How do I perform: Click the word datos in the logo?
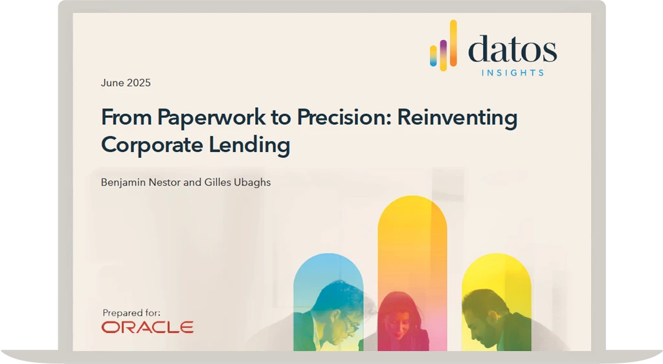(x=512, y=50)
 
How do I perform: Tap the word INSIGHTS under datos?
(x=512, y=72)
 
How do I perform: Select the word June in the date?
(x=112, y=83)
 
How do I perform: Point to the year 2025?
(x=139, y=83)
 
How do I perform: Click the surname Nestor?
(x=166, y=182)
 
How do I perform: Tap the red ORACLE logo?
(x=148, y=327)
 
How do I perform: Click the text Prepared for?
(x=131, y=313)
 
